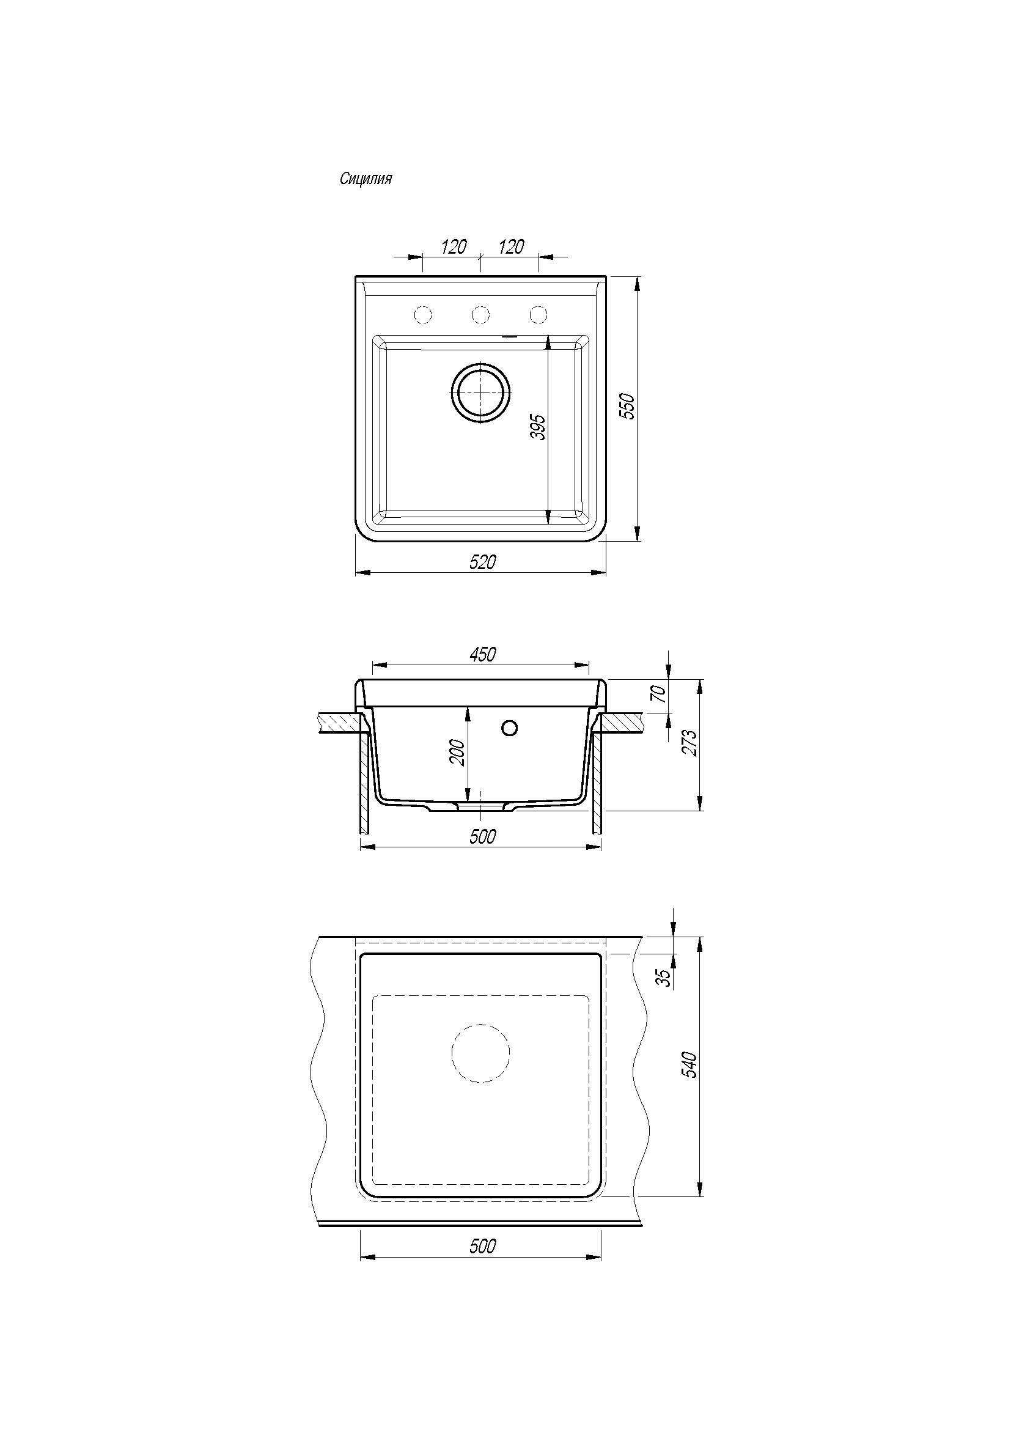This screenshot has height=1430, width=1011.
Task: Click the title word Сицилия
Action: (366, 179)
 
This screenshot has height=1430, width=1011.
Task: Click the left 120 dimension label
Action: (453, 246)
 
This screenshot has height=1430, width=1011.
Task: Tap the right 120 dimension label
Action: (511, 246)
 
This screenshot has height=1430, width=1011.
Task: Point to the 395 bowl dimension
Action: (539, 427)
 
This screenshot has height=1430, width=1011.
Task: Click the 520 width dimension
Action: (482, 562)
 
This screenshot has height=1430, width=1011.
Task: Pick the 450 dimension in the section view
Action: (482, 654)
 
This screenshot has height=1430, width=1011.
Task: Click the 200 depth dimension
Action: (458, 753)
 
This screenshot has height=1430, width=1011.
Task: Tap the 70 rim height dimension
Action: (661, 693)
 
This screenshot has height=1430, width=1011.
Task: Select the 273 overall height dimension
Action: (691, 742)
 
